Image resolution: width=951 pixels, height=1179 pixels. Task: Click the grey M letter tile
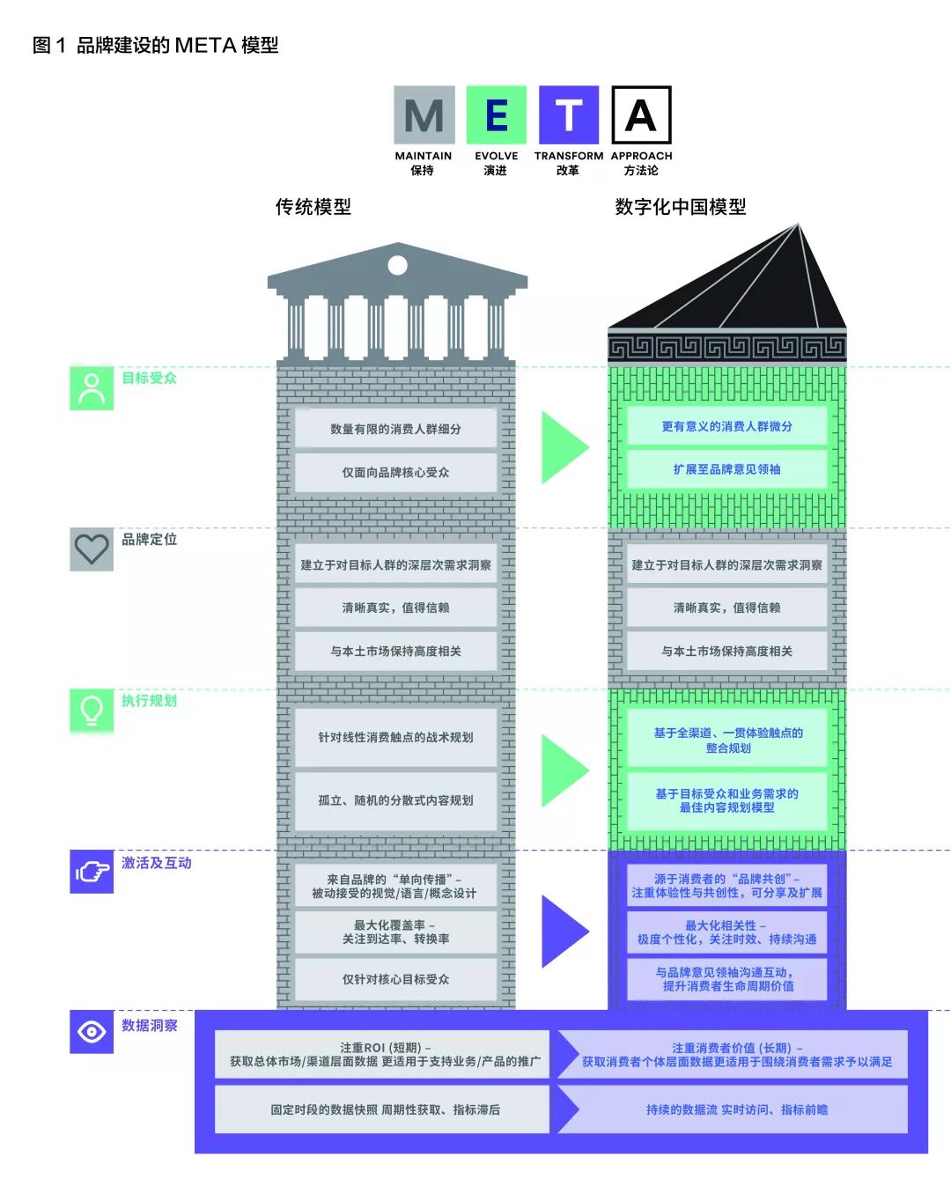[424, 115]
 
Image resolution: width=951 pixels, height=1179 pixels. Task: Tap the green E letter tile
[496, 115]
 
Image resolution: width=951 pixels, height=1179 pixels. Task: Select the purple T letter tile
[569, 115]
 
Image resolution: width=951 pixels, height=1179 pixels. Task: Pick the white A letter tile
[641, 115]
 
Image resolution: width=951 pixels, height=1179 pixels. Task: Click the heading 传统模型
[313, 207]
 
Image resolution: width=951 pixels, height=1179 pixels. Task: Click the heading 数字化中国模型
[680, 207]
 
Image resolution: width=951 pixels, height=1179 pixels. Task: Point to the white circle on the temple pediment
[397, 265]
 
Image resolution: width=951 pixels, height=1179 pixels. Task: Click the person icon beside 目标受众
[92, 388]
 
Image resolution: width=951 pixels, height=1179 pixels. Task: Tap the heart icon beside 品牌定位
[92, 549]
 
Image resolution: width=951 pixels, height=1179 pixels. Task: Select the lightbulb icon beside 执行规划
[92, 711]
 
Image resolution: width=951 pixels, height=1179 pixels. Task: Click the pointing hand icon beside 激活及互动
[92, 872]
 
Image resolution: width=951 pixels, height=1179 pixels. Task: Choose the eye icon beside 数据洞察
[92, 1032]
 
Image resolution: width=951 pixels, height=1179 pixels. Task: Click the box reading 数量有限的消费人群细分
[395, 429]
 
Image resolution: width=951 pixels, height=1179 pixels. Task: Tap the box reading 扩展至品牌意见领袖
[726, 469]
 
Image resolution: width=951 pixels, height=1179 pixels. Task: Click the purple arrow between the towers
[564, 931]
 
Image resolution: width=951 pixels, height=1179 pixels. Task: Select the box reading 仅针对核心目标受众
[395, 979]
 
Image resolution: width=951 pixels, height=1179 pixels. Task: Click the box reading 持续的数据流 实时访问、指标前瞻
[736, 1109]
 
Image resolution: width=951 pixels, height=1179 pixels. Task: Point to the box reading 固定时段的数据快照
[385, 1109]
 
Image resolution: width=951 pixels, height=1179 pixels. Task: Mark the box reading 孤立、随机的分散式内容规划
[395, 800]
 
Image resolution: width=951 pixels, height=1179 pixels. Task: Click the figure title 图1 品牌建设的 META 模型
[155, 45]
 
